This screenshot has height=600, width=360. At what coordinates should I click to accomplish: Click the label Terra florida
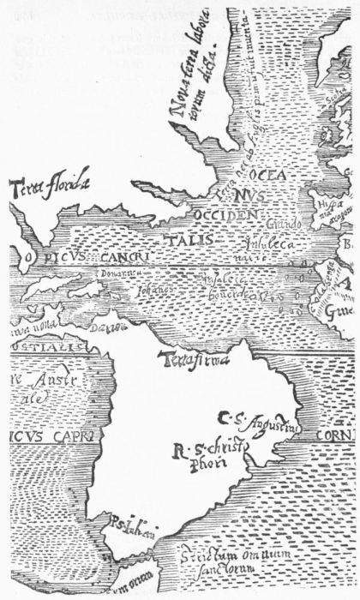click(48, 183)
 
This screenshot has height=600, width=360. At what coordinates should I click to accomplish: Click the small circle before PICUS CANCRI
click(27, 255)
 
